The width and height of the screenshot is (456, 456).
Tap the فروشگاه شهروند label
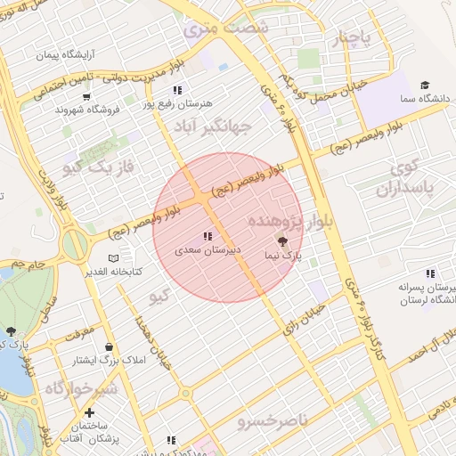click(x=86, y=110)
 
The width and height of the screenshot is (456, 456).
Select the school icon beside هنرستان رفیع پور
click(x=177, y=90)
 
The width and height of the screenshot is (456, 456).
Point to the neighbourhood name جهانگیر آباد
click(x=213, y=126)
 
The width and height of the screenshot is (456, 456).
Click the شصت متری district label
click(x=225, y=28)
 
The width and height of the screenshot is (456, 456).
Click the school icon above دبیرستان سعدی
click(x=207, y=236)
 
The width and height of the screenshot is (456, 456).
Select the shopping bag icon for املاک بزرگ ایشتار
click(x=109, y=346)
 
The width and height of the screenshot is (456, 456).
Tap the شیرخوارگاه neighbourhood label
click(x=80, y=389)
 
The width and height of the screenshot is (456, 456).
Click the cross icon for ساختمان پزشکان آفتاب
click(x=89, y=412)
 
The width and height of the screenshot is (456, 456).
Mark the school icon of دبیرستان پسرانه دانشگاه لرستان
click(x=430, y=273)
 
